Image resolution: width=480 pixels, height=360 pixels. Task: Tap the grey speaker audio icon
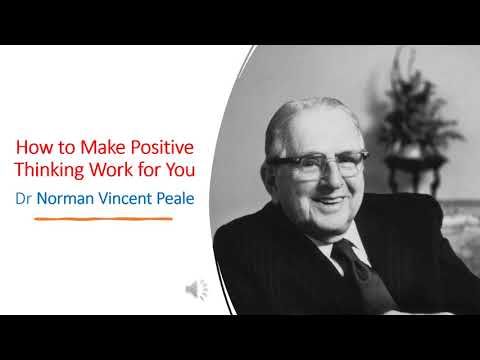tap(196, 290)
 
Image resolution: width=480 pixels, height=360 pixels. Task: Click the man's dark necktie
tap(352, 262)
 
